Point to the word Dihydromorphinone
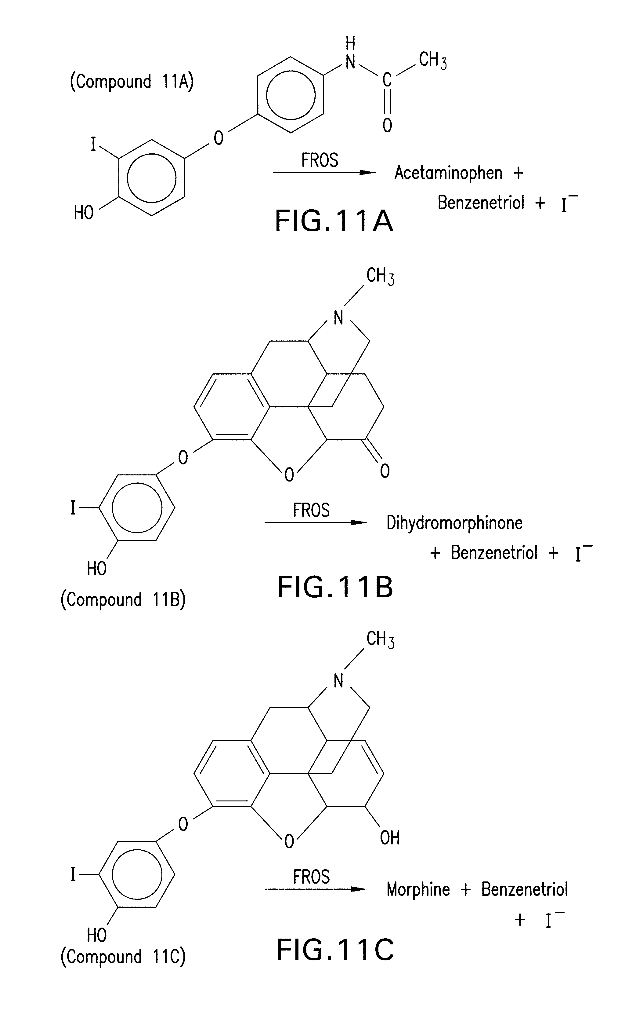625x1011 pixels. click(454, 523)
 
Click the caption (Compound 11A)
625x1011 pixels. click(132, 82)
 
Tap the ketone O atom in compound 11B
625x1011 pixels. click(385, 471)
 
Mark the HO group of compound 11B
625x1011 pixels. click(96, 569)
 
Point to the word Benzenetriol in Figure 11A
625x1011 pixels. click(481, 203)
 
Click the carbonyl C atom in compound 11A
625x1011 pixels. click(387, 79)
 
